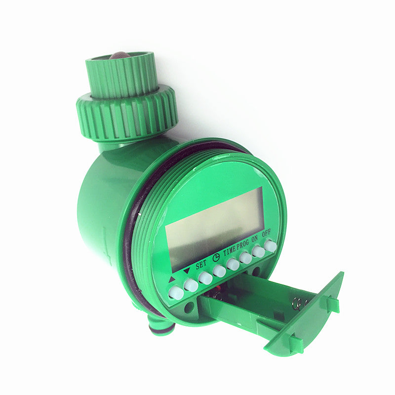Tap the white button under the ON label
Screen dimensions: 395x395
point(258,251)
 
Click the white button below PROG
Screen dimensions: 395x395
point(245,257)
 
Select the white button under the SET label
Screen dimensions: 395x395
point(205,277)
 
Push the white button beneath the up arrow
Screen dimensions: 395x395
point(176,293)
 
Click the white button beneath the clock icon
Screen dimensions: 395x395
point(219,271)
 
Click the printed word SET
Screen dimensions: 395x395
point(201,264)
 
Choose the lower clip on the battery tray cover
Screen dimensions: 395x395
point(295,342)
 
